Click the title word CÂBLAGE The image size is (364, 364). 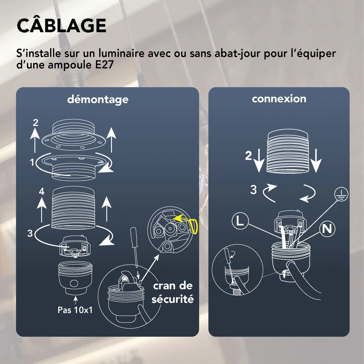coord(61,26)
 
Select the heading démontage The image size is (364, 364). coord(98,99)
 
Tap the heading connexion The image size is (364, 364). coord(279,98)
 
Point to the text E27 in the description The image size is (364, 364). coord(110,65)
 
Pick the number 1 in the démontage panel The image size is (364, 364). coord(32,162)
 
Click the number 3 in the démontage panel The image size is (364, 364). coord(30,234)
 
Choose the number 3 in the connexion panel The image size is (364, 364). coord(253,189)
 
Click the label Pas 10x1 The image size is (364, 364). coord(76,311)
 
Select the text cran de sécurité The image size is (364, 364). coord(173,293)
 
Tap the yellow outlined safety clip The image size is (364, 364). coord(194,225)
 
